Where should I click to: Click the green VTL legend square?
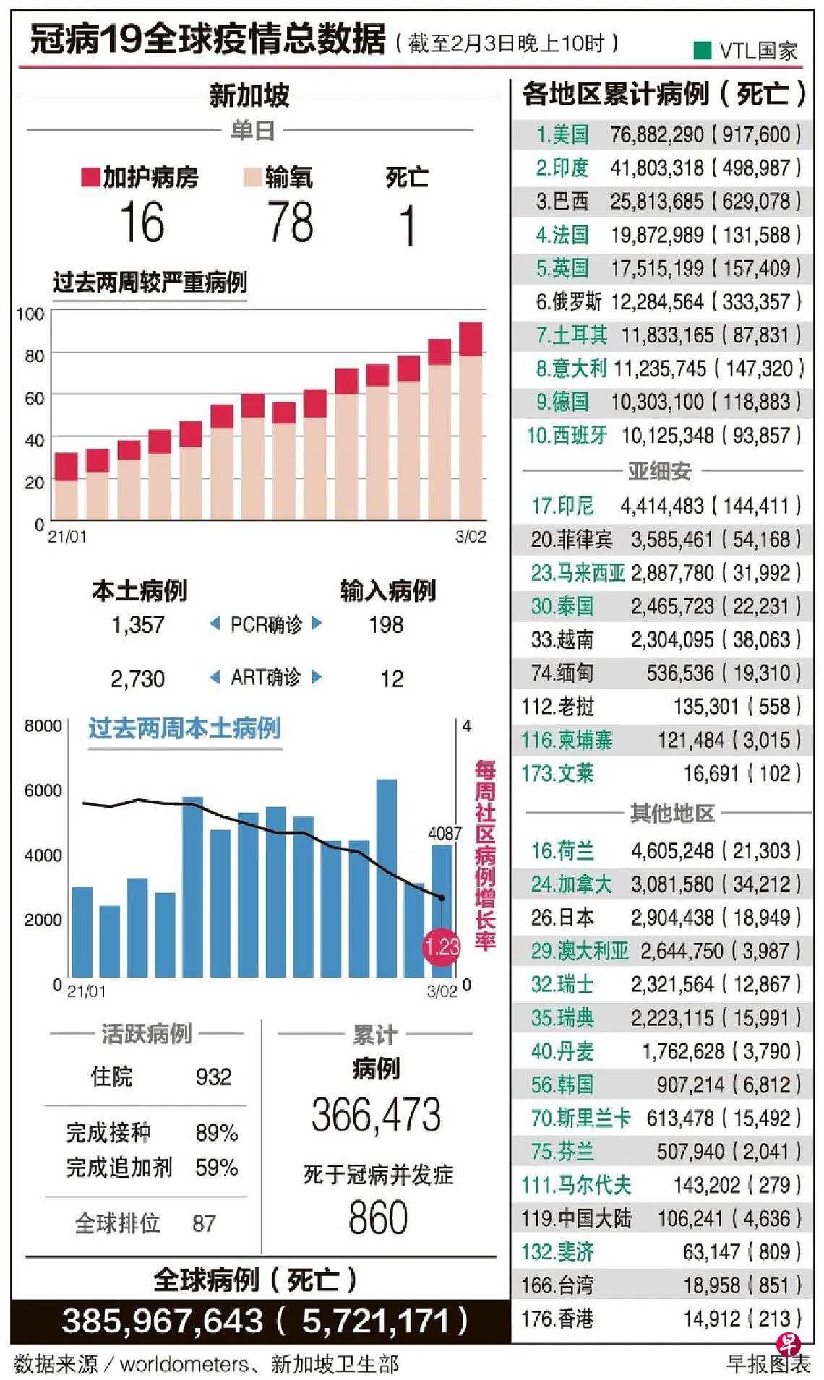[x=702, y=50]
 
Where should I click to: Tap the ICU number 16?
[x=142, y=223]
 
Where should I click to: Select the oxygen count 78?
[x=290, y=223]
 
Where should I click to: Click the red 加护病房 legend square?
[x=90, y=177]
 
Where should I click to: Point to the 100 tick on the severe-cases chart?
[x=30, y=314]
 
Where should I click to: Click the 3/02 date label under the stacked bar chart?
[x=471, y=537]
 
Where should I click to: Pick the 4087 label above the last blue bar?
[x=444, y=833]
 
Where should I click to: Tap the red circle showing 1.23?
[x=441, y=946]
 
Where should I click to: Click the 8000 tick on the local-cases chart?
[x=43, y=725]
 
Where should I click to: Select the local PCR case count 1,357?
[x=137, y=625]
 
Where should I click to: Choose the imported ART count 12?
[x=392, y=678]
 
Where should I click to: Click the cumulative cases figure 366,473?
[x=376, y=1115]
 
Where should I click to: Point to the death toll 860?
[x=378, y=1217]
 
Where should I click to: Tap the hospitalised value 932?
[x=214, y=1077]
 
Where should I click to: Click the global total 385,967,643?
[x=163, y=1321]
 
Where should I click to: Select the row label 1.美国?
[x=562, y=134]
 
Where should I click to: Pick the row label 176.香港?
[x=557, y=1319]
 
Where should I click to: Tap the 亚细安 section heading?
[x=659, y=471]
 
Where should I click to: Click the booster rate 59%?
[x=216, y=1168]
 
